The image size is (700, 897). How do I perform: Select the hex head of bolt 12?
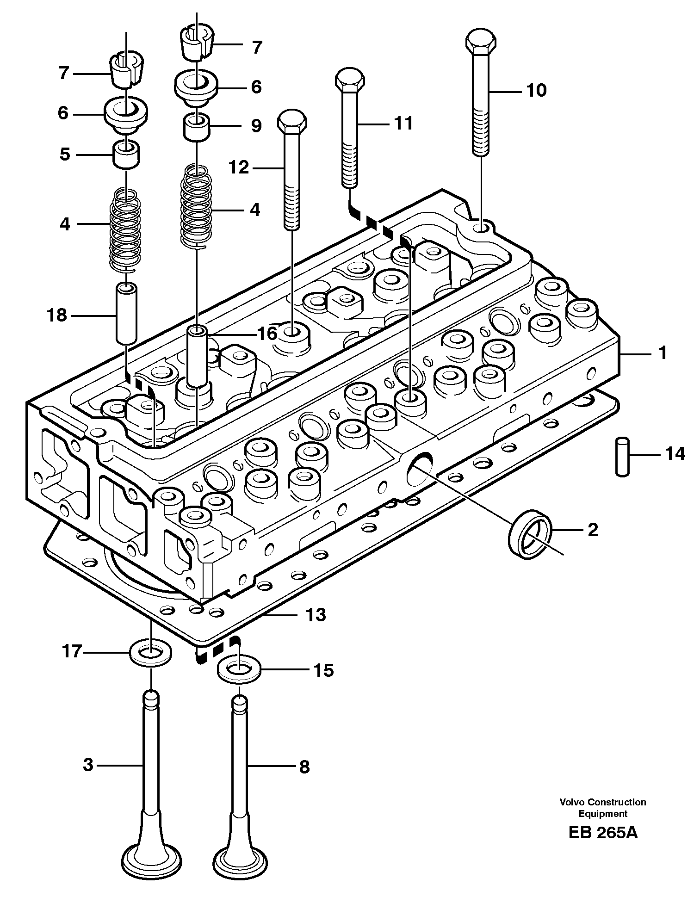coord(292,121)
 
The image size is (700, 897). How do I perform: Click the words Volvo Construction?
coord(602,802)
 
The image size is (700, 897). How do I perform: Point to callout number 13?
coord(315,615)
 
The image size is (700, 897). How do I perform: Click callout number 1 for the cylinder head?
coord(663,353)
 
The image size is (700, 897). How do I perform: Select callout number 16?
coord(267,333)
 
